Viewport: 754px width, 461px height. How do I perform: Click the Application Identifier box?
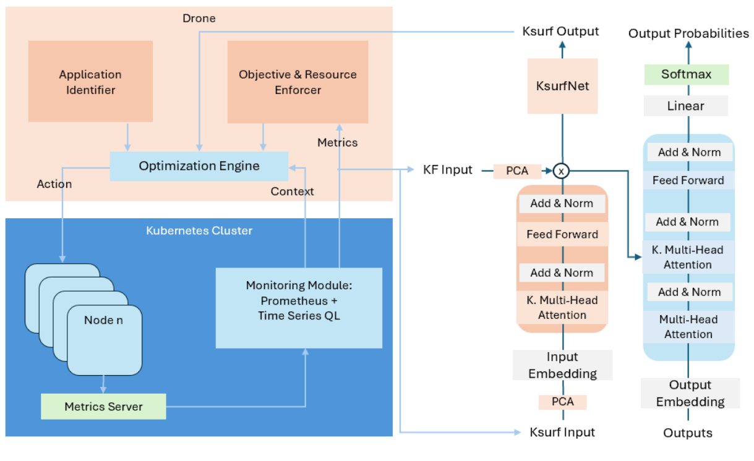[x=90, y=82]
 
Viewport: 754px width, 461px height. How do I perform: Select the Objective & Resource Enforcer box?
[x=298, y=82]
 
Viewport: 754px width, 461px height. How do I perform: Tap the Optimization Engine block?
[x=199, y=166]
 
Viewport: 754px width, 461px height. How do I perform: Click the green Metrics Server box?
[x=103, y=407]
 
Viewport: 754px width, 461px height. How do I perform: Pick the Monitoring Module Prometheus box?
[x=299, y=299]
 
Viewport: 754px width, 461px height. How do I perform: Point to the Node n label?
[x=104, y=320]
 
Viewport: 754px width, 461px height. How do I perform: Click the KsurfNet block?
[x=562, y=86]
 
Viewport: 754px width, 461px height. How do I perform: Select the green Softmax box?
[x=686, y=75]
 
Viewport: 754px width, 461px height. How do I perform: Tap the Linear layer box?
[x=685, y=106]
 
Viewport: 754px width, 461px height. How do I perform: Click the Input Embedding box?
[x=562, y=365]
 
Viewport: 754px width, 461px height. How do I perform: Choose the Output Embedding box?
[x=690, y=394]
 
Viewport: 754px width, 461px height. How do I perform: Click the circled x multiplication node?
[x=560, y=171]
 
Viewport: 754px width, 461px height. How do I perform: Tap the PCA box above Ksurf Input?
[x=562, y=402]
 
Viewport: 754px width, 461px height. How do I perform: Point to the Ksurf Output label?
[x=560, y=32]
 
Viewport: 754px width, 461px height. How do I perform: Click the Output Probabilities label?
[x=688, y=33]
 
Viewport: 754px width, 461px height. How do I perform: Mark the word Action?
[x=54, y=184]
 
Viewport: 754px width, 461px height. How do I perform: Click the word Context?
[x=292, y=192]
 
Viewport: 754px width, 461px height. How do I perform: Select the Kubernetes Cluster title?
[x=199, y=230]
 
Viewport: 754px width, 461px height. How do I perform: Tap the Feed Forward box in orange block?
[x=562, y=234]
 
